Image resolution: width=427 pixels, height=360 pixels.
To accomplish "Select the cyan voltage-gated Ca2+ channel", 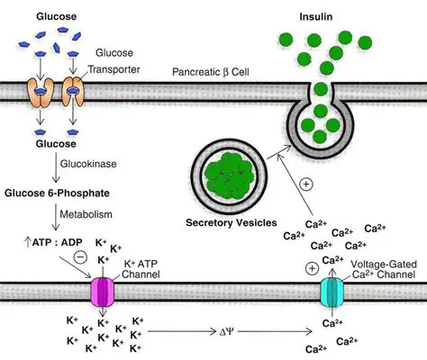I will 332,293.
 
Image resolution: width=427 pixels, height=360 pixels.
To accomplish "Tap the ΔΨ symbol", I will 222,331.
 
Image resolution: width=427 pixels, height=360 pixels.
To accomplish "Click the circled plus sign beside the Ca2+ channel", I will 312,268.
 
